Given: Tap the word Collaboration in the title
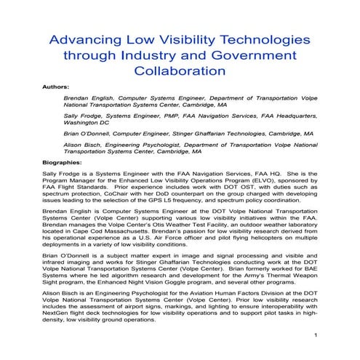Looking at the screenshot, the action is (178, 71).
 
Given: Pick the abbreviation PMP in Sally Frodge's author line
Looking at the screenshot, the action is (170, 115).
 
